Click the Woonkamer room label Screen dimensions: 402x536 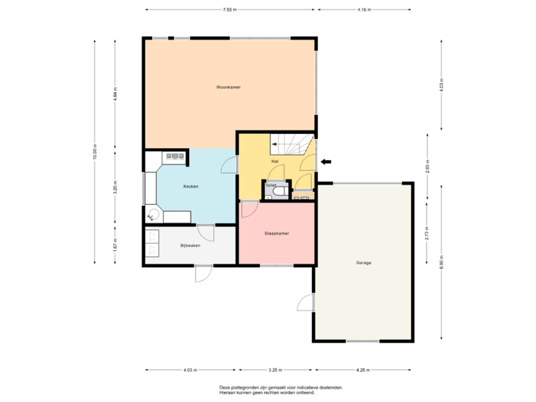[229, 87]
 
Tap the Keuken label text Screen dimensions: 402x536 [191, 186]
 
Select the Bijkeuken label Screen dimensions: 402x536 [190, 245]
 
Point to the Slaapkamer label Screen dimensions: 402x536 [276, 233]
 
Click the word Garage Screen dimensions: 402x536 [363, 263]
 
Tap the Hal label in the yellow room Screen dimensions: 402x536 [275, 161]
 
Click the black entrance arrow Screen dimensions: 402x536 [326, 159]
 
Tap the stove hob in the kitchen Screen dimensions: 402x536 [176, 156]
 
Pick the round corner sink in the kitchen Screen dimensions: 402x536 [154, 214]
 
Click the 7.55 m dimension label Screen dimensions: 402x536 [229, 10]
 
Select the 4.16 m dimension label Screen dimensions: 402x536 [363, 10]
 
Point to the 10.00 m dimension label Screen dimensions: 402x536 [95, 150]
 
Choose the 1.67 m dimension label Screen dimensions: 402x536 [115, 244]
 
